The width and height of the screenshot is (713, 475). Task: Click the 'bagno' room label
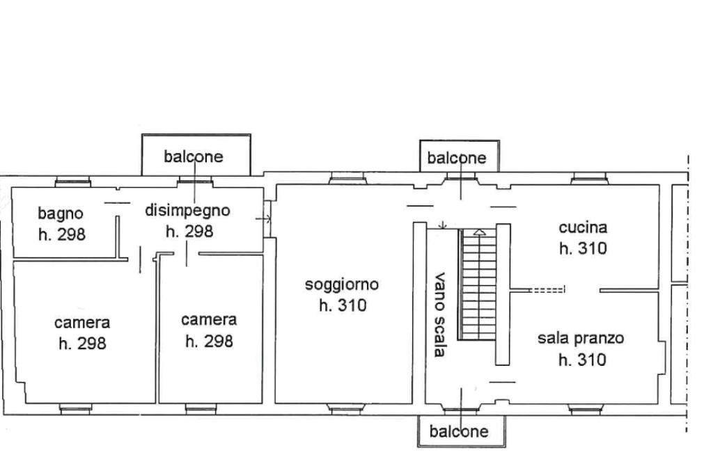61,213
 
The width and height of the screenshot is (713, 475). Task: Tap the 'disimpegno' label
187,209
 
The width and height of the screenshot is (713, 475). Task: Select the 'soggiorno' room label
342,284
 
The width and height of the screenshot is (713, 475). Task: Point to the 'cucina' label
583,227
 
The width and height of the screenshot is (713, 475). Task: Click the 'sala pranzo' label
581,339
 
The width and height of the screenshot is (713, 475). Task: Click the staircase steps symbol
478,285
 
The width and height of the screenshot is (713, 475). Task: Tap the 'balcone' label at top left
194,156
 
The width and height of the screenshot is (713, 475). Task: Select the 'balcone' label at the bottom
459,431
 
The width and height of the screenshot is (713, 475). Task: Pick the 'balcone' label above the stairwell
457,158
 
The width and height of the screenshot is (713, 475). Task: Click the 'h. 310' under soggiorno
343,305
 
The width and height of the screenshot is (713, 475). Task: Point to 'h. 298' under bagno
62,234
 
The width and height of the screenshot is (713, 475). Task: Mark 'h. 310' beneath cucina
583,248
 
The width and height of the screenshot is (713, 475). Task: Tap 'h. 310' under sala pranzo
582,360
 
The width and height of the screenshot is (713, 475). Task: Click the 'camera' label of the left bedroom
82,323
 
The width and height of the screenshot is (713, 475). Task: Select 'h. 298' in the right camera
209,341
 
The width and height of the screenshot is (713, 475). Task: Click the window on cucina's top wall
589,179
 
